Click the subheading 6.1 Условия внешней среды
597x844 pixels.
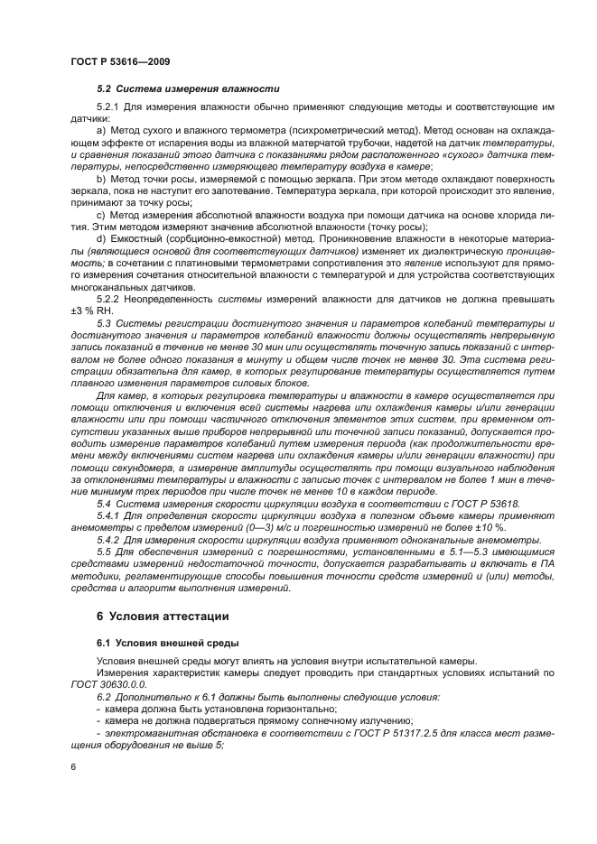[154, 642]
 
